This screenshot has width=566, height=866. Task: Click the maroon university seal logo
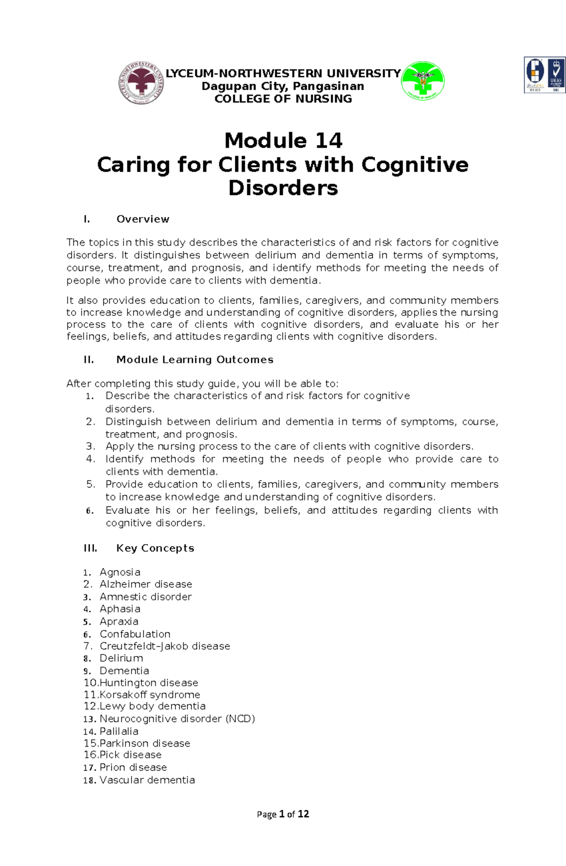(141, 83)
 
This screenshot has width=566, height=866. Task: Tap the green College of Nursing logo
(423, 81)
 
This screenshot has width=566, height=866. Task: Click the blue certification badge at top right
(545, 75)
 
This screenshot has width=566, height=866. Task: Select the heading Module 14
(283, 140)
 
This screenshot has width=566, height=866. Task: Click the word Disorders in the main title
(283, 188)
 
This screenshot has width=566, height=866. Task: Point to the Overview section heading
(142, 219)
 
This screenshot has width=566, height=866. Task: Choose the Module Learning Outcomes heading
(194, 360)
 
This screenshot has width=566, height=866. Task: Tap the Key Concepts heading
(155, 548)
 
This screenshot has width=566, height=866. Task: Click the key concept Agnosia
(120, 572)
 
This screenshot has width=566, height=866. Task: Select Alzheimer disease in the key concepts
(146, 584)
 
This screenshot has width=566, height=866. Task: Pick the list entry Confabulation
(135, 634)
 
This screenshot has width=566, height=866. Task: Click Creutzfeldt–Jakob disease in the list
(165, 646)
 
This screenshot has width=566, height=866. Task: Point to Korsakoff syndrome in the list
(150, 695)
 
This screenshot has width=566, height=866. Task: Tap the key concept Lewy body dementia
(152, 706)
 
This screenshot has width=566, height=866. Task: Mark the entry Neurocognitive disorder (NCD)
(177, 719)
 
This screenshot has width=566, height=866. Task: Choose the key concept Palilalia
(119, 731)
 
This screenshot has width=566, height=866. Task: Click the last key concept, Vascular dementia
(147, 780)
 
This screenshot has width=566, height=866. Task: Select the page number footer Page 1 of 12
(283, 814)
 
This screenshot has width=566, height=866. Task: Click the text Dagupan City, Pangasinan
(283, 86)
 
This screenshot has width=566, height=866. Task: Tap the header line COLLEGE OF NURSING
(283, 99)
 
